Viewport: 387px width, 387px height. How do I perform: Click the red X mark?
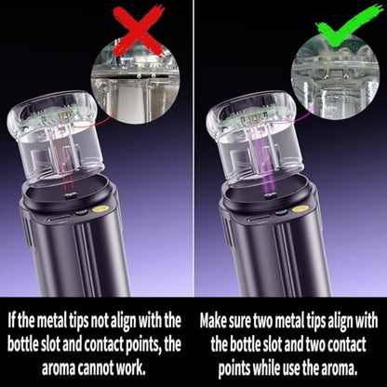[138, 31]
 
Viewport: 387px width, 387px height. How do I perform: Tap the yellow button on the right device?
[300, 208]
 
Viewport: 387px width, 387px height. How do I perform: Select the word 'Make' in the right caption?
[213, 321]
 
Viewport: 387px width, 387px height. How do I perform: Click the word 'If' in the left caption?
[11, 321]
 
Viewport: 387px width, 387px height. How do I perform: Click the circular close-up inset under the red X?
[136, 84]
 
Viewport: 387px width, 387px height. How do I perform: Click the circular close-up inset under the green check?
[335, 76]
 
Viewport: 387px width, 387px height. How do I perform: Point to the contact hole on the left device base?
[70, 195]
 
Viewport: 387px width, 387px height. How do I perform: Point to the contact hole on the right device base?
[269, 195]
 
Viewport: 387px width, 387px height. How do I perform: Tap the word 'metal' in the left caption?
[52, 321]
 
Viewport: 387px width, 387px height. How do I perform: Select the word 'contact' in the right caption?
[347, 345]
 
